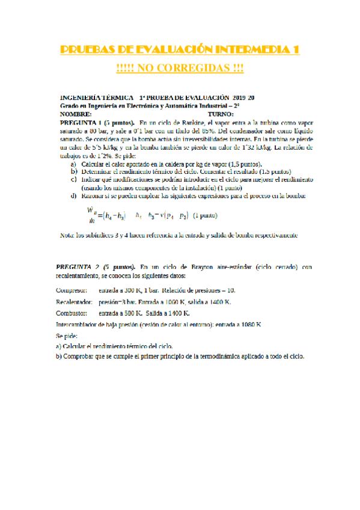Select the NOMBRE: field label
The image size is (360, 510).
77,113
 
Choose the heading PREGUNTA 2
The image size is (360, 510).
78,266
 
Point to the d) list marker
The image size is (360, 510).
73,196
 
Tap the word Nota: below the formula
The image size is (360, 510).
70,235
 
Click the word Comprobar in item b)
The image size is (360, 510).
80,356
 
